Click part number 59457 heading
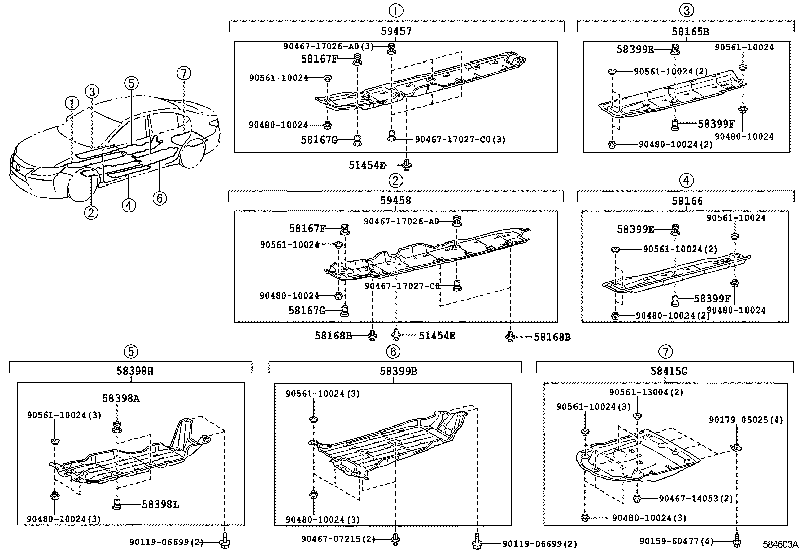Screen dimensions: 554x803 click(x=396, y=31)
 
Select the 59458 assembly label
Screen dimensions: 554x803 click(x=396, y=200)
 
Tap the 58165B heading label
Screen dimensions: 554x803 click(x=690, y=31)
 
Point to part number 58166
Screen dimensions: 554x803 click(x=686, y=201)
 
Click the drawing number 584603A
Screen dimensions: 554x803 click(x=780, y=545)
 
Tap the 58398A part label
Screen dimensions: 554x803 click(x=121, y=398)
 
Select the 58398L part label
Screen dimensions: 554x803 click(x=160, y=504)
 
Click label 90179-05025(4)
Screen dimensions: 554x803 click(x=745, y=420)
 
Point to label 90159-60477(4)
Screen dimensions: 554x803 click(x=676, y=541)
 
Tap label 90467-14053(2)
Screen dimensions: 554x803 click(x=696, y=498)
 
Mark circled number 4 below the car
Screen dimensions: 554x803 click(x=129, y=205)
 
